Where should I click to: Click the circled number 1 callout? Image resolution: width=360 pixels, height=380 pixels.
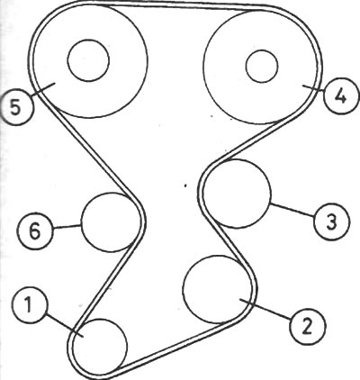click(x=31, y=306)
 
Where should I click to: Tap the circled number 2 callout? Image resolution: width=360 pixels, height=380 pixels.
click(x=308, y=326)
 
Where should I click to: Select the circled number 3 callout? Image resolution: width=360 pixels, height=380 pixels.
click(x=332, y=222)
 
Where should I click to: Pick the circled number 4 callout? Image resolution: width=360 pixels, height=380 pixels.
click(x=341, y=95)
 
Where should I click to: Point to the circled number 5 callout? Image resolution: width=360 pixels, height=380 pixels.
click(x=16, y=107)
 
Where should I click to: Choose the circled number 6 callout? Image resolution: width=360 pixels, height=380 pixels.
click(x=35, y=231)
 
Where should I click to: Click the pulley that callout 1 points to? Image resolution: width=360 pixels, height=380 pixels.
click(x=100, y=347)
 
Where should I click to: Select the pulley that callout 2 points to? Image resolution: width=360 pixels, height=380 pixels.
click(x=217, y=289)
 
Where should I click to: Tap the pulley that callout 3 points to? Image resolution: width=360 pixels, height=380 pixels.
click(x=237, y=194)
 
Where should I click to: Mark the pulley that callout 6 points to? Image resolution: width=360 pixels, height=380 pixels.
click(x=111, y=222)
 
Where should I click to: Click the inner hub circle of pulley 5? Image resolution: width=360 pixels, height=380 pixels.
click(x=88, y=60)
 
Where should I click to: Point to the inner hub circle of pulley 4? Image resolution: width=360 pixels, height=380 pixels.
click(x=262, y=66)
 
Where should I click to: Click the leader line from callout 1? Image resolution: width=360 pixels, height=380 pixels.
click(x=64, y=324)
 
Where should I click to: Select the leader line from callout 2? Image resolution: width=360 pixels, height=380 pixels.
click(x=265, y=309)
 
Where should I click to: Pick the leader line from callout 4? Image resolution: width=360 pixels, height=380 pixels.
click(x=313, y=87)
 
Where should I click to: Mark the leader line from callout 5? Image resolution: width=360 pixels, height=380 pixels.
click(x=42, y=89)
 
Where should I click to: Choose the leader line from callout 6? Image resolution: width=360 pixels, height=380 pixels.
click(x=67, y=227)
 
